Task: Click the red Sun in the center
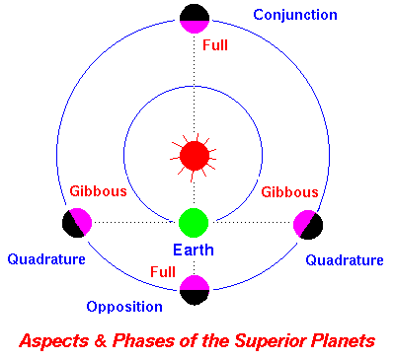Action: [x=194, y=155]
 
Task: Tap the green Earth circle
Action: [x=194, y=222]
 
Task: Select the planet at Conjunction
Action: [x=194, y=18]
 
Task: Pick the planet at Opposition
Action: [x=194, y=289]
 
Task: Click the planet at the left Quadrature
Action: [x=77, y=223]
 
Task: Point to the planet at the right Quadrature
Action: [x=309, y=224]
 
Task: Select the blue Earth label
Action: [x=195, y=250]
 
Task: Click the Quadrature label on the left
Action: [x=46, y=259]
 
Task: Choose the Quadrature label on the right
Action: [x=344, y=260]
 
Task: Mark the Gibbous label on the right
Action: [x=289, y=191]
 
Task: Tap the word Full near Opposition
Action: [x=163, y=271]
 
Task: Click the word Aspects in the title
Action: [x=59, y=340]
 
